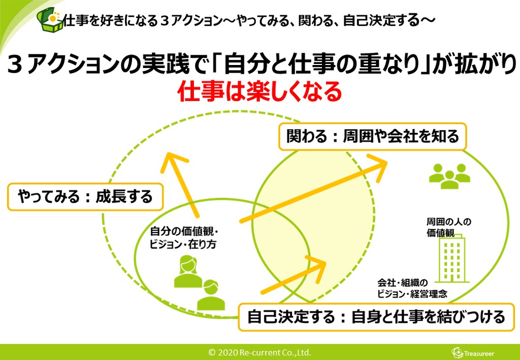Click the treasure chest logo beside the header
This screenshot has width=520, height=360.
[x=50, y=20]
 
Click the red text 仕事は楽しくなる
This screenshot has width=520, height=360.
[x=259, y=91]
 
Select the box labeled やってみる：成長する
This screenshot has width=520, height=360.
[x=85, y=197]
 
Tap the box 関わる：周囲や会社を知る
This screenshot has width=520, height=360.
[x=372, y=136]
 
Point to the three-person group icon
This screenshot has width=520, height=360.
[x=449, y=176]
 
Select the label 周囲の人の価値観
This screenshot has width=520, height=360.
[x=449, y=227]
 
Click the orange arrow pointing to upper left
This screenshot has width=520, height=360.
[x=182, y=183]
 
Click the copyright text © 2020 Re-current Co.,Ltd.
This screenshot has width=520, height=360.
[x=259, y=352]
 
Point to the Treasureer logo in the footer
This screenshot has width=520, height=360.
[x=472, y=353]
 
